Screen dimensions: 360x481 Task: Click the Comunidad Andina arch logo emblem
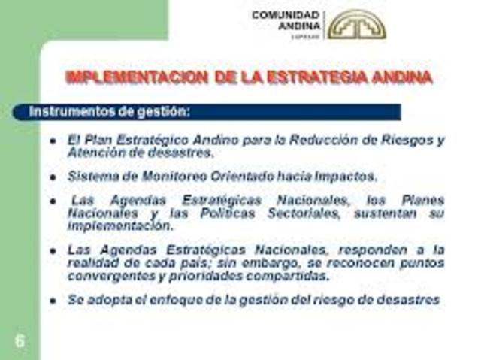pyautogui.click(x=357, y=24)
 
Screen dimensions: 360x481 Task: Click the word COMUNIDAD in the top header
pyautogui.click(x=285, y=14)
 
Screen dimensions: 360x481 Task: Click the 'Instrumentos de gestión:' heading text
pyautogui.click(x=110, y=112)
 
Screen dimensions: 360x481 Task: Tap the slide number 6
pyautogui.click(x=19, y=340)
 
